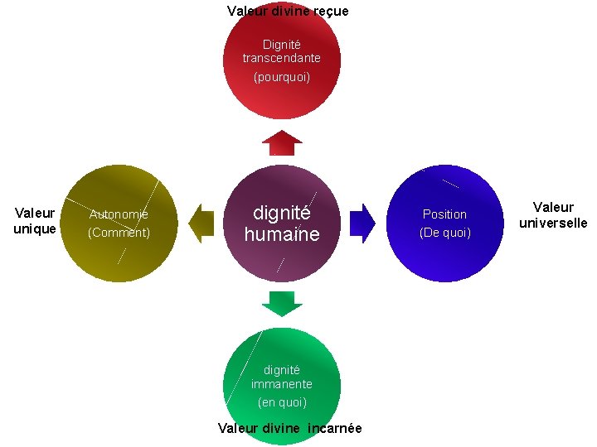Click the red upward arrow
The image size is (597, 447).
pyautogui.click(x=282, y=142)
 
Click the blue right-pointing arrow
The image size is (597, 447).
pyautogui.click(x=362, y=223)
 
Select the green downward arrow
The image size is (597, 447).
pyautogui.click(x=282, y=303)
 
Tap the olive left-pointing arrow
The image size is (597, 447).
pyautogui.click(x=201, y=223)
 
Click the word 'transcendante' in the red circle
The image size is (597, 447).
pyautogui.click(x=281, y=59)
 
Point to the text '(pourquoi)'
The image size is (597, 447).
pyautogui.click(x=281, y=77)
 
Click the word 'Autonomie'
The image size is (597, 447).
pyautogui.click(x=119, y=214)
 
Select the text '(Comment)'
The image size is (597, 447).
pyautogui.click(x=119, y=233)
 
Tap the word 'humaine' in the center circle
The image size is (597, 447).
pyautogui.click(x=281, y=234)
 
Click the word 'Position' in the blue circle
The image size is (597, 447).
pyautogui.click(x=445, y=214)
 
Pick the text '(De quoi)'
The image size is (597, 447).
pyautogui.click(x=445, y=233)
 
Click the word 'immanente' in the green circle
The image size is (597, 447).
pyautogui.click(x=282, y=384)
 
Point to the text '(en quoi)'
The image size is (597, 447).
pyautogui.click(x=282, y=402)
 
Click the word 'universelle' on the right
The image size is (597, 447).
pyautogui.click(x=553, y=223)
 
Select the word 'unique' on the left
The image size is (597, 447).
pyautogui.click(x=35, y=228)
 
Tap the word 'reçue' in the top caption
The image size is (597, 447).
pyautogui.click(x=328, y=11)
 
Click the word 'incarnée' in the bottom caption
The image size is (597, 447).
pyautogui.click(x=335, y=428)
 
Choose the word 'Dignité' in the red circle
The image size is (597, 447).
pyautogui.click(x=282, y=44)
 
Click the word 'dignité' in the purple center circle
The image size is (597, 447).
pyautogui.click(x=281, y=212)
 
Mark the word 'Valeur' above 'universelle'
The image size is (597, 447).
pyautogui.click(x=553, y=207)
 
